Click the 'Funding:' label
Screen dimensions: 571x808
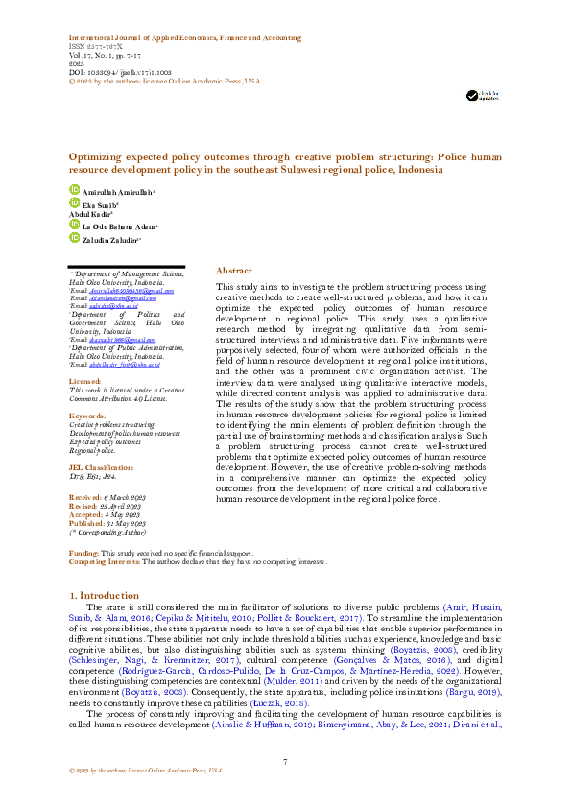(85, 555)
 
